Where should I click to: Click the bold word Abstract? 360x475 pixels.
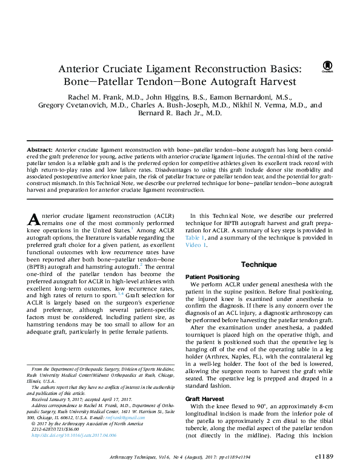coord(41,149)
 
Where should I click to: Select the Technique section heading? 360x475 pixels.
coord(259,264)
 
